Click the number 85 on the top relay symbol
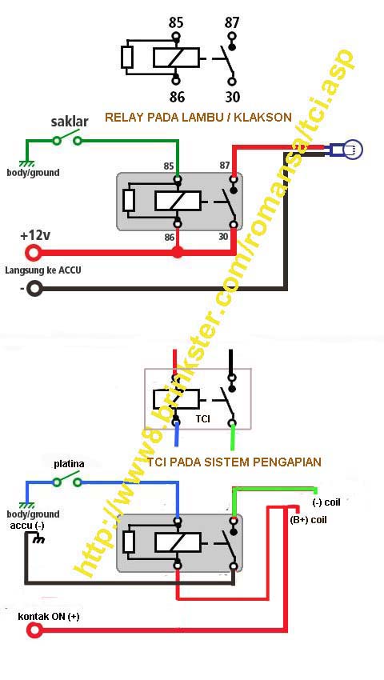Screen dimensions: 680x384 coord(175,22)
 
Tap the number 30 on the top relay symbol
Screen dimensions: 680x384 coord(232,96)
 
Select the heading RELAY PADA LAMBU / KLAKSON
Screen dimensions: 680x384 coord(198,117)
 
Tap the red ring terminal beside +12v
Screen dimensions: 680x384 coord(34,254)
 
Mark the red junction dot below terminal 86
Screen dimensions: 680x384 coord(178,254)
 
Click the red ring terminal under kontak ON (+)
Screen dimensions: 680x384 coord(34,631)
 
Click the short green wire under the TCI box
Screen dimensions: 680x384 coord(233,438)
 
